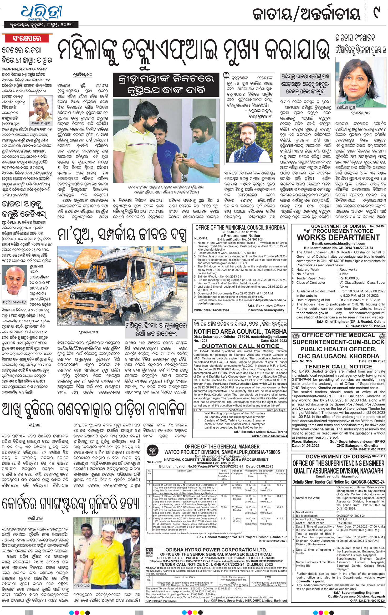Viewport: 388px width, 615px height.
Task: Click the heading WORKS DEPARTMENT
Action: (338, 237)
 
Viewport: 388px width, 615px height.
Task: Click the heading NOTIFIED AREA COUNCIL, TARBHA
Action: (240, 331)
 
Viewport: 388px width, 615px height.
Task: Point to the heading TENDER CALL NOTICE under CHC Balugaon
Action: (338, 367)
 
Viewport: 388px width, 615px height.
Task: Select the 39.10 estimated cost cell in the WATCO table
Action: (224, 485)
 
